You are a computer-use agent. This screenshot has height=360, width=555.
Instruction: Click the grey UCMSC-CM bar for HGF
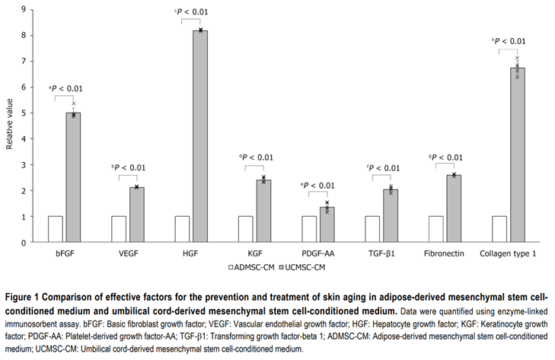click(200, 137)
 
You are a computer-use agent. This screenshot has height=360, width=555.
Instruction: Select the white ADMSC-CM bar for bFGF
click(56, 229)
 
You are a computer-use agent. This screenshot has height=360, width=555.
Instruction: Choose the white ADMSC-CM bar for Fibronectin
click(436, 229)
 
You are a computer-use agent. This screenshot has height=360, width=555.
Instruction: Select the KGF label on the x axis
click(254, 253)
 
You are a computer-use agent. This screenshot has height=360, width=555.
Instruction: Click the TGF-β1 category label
click(381, 253)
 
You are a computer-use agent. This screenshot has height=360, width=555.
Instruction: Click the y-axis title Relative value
click(10, 126)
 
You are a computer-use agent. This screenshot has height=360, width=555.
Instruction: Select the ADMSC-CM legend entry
click(248, 267)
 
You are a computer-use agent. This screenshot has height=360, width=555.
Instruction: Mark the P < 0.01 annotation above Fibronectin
click(447, 158)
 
